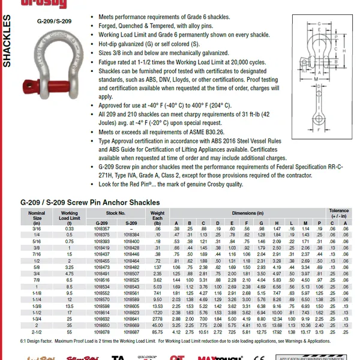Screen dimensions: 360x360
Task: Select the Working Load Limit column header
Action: (x=70, y=215)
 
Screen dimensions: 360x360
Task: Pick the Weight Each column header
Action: (x=158, y=215)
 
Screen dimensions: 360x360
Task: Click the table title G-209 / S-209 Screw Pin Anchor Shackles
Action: (x=90, y=203)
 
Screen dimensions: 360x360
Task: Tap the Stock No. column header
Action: (x=117, y=213)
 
